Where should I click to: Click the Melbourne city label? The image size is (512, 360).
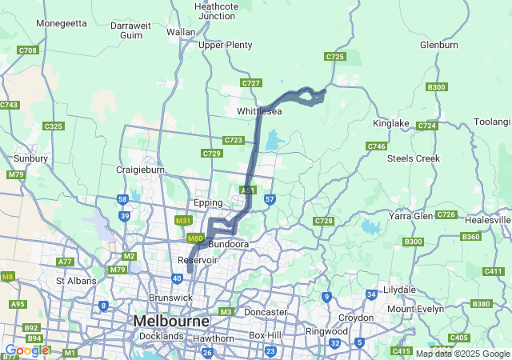(x=171, y=321)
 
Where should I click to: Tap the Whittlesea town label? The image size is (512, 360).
(x=259, y=111)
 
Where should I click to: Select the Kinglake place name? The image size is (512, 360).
(x=390, y=123)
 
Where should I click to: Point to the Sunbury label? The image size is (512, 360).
(x=30, y=158)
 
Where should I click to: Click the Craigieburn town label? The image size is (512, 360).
(x=140, y=170)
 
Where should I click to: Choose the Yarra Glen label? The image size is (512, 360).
(x=411, y=216)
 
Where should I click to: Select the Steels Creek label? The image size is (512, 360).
(x=414, y=158)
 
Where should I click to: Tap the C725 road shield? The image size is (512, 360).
(x=334, y=57)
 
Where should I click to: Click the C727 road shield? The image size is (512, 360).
(x=251, y=83)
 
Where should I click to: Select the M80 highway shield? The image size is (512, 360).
(x=194, y=238)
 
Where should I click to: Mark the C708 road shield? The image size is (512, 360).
(x=27, y=50)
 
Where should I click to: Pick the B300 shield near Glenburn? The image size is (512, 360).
(x=437, y=87)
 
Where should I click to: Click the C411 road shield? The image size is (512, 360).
(x=493, y=271)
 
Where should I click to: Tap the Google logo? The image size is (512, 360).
(x=26, y=350)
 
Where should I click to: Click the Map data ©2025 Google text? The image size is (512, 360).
(x=462, y=354)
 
